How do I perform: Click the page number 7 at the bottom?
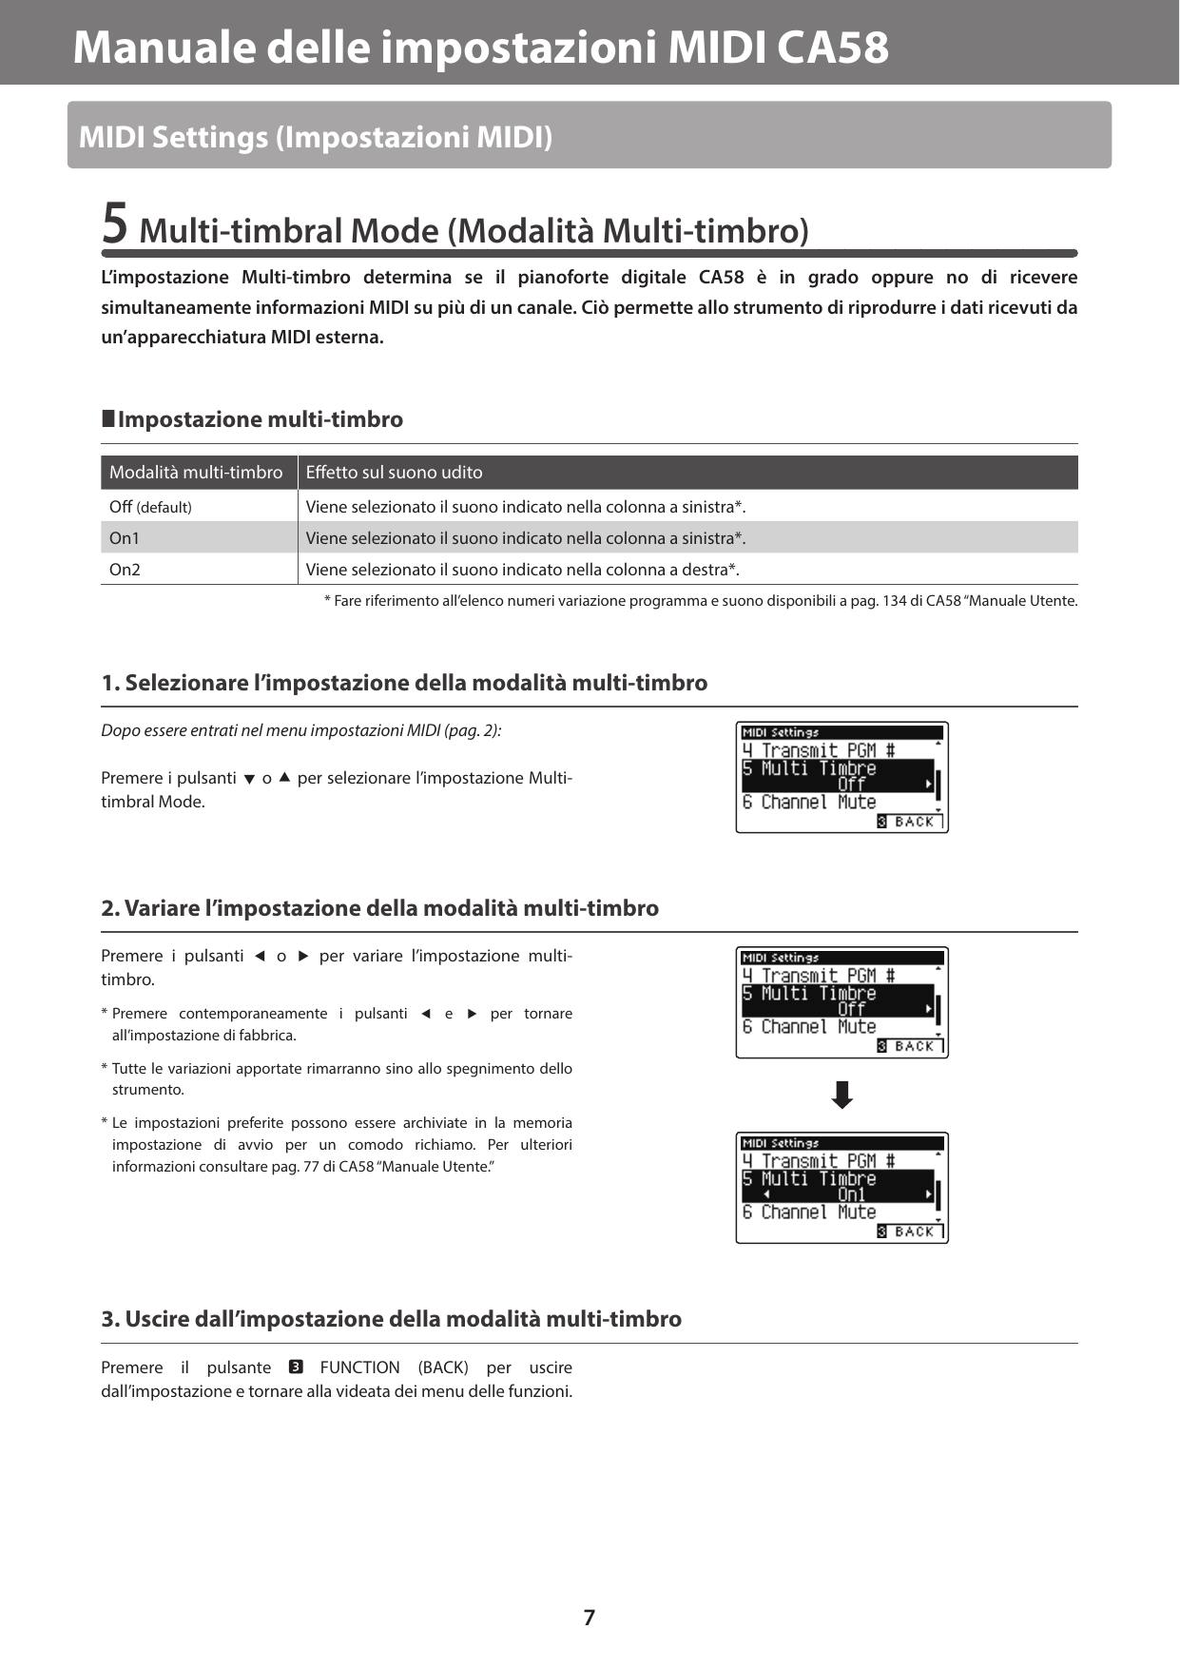pos(589,1617)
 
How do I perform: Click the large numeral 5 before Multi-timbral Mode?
pos(114,224)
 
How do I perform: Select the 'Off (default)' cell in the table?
pos(150,507)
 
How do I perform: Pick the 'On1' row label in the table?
pos(125,538)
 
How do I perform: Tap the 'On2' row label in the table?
pos(125,570)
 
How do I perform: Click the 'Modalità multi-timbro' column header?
pos(196,473)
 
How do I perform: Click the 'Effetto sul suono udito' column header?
pos(394,473)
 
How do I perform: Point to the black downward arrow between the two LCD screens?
pos(841,1096)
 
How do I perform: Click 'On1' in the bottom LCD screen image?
pos(851,1195)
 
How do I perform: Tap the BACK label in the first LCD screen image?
pos(914,822)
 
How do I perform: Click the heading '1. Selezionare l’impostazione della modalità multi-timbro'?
pos(404,683)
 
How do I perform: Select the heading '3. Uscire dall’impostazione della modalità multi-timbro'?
pos(391,1319)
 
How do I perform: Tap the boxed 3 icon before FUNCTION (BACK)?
pos(295,1367)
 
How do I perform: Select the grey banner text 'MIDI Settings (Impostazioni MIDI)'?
pos(315,137)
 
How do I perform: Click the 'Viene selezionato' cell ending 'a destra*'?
pos(522,570)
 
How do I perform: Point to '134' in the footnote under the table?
pos(894,601)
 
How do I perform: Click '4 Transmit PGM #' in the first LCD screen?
pos(818,750)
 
